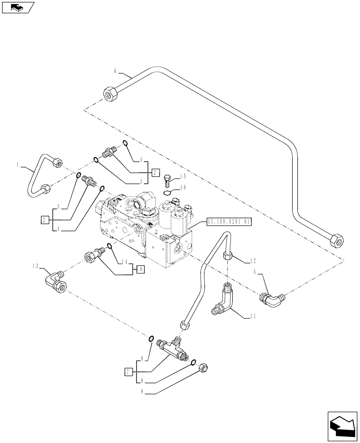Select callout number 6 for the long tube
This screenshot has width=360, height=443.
click(x=116, y=71)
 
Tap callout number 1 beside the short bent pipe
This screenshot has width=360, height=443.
click(x=17, y=165)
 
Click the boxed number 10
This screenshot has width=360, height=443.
click(x=140, y=268)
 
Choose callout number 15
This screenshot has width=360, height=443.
click(x=183, y=176)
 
